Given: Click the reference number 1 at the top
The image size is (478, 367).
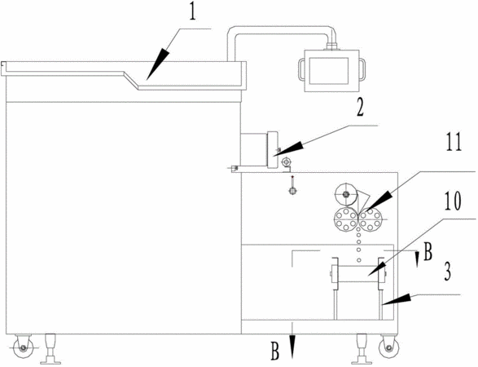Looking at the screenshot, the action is click(192, 12).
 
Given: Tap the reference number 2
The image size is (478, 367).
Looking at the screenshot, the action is click(360, 108).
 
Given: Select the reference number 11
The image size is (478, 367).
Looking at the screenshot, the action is click(454, 142).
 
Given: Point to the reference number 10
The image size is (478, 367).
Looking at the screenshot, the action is click(453, 201).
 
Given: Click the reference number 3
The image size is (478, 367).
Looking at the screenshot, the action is click(447, 272).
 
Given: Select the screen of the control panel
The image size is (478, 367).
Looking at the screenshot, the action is click(329, 71).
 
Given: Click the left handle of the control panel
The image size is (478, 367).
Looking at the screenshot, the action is click(301, 69).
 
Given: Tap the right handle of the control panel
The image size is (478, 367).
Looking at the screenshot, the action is click(362, 69).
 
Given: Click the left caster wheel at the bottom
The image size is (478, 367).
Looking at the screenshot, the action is click(23, 347).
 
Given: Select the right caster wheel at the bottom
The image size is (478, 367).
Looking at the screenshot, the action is click(388, 347).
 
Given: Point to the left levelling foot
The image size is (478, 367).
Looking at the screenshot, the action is click(50, 349).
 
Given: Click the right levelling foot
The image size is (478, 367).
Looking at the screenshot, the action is click(362, 349).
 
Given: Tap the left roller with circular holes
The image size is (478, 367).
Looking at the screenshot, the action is click(346, 219).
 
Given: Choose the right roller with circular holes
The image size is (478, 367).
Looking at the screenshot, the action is click(370, 219).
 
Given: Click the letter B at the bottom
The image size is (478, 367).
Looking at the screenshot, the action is click(275, 352).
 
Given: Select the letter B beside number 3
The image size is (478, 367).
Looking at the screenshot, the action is click(428, 252).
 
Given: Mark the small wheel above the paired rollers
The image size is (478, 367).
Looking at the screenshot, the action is click(346, 194).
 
